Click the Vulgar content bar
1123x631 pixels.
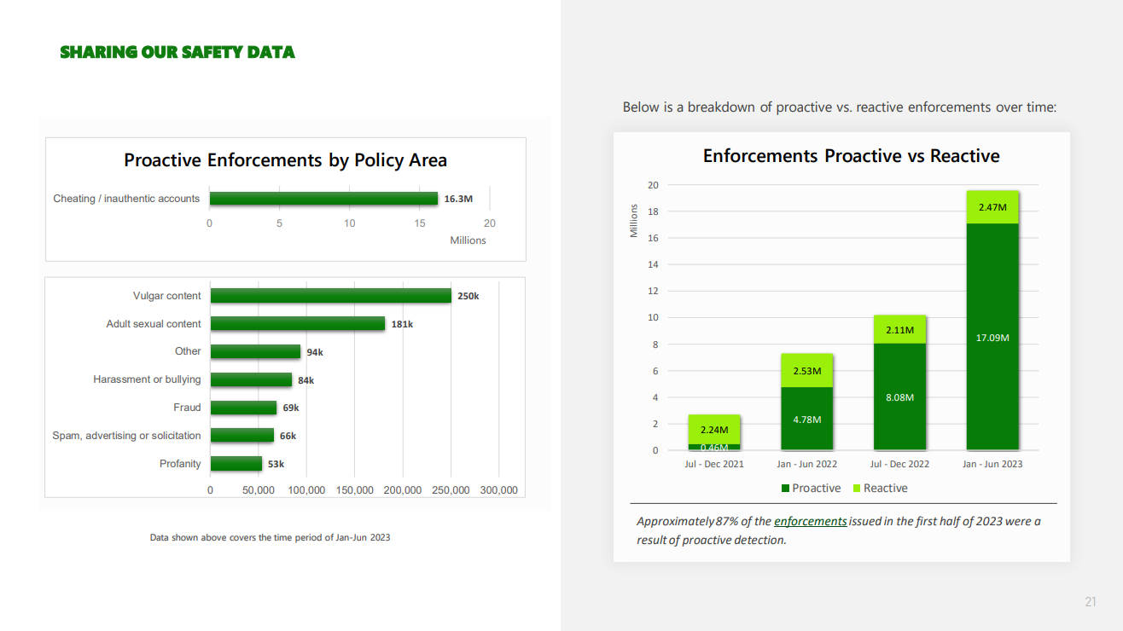pos(330,296)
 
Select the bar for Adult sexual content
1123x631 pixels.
pos(297,324)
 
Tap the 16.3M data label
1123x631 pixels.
pos(458,199)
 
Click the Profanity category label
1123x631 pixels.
pos(180,464)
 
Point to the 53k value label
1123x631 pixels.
pos(276,464)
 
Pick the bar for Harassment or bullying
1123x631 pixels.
pos(251,379)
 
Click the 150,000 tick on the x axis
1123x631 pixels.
pos(354,490)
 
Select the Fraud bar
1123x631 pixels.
pos(243,408)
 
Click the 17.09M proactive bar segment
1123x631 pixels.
pos(992,336)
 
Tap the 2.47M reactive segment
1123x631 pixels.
pos(992,207)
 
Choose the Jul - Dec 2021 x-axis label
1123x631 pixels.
pos(714,464)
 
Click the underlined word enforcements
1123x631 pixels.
pos(810,521)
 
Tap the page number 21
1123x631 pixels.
pos(1090,603)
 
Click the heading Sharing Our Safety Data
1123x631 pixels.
pos(177,52)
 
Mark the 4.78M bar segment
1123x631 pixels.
pos(806,419)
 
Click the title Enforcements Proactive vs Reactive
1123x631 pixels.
pos(851,156)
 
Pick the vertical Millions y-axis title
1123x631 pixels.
pos(634,220)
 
